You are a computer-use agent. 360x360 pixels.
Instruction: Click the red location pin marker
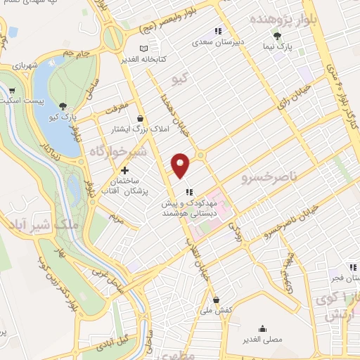[181, 165]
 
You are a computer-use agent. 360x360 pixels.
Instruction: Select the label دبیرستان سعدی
[219, 41]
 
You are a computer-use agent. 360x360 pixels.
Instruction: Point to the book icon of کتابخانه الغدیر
[145, 49]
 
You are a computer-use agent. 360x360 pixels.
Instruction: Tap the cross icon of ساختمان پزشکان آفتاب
[125, 170]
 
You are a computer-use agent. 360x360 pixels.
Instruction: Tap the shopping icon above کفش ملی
[216, 300]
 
